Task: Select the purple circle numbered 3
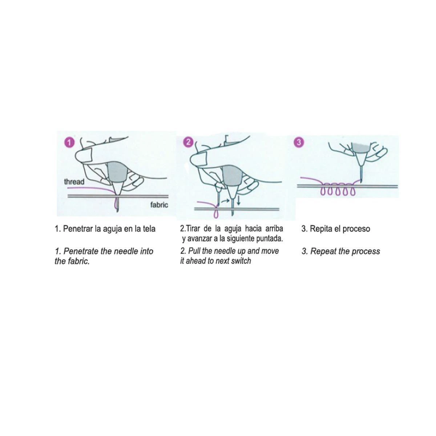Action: point(299,142)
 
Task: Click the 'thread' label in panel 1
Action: point(74,182)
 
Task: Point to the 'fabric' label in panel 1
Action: point(159,205)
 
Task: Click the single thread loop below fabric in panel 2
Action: point(216,214)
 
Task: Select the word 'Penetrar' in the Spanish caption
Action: point(78,229)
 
